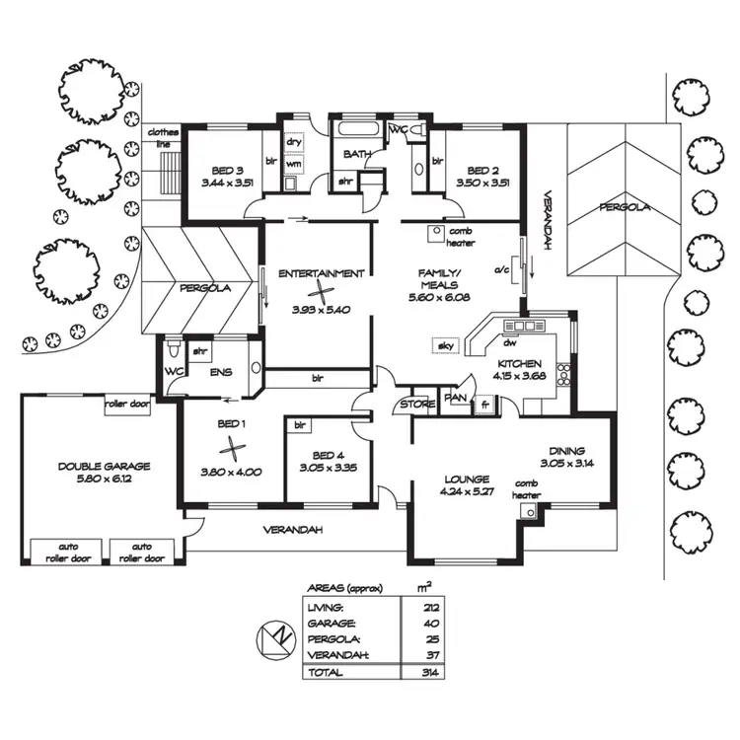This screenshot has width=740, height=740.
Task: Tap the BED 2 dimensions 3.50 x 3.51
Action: pos(482,183)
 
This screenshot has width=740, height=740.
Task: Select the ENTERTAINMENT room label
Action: pos(321,273)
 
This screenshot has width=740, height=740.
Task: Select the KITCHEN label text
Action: pos(519,362)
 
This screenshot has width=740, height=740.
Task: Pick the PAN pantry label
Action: pos(455,399)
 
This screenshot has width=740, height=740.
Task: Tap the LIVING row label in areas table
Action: pos(326,608)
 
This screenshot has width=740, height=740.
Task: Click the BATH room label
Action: pos(356,155)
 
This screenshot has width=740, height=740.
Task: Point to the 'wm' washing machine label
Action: pos(293,163)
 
